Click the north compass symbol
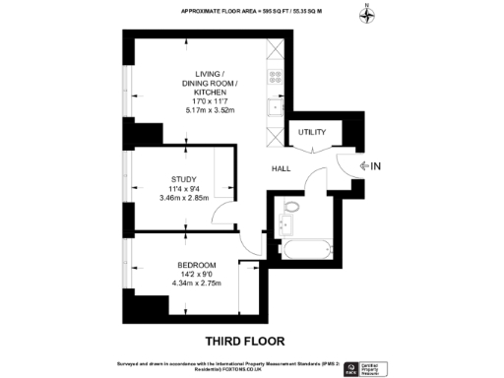[367, 14]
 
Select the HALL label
[282, 167]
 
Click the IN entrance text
[375, 166]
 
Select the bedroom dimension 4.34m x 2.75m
[196, 283]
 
